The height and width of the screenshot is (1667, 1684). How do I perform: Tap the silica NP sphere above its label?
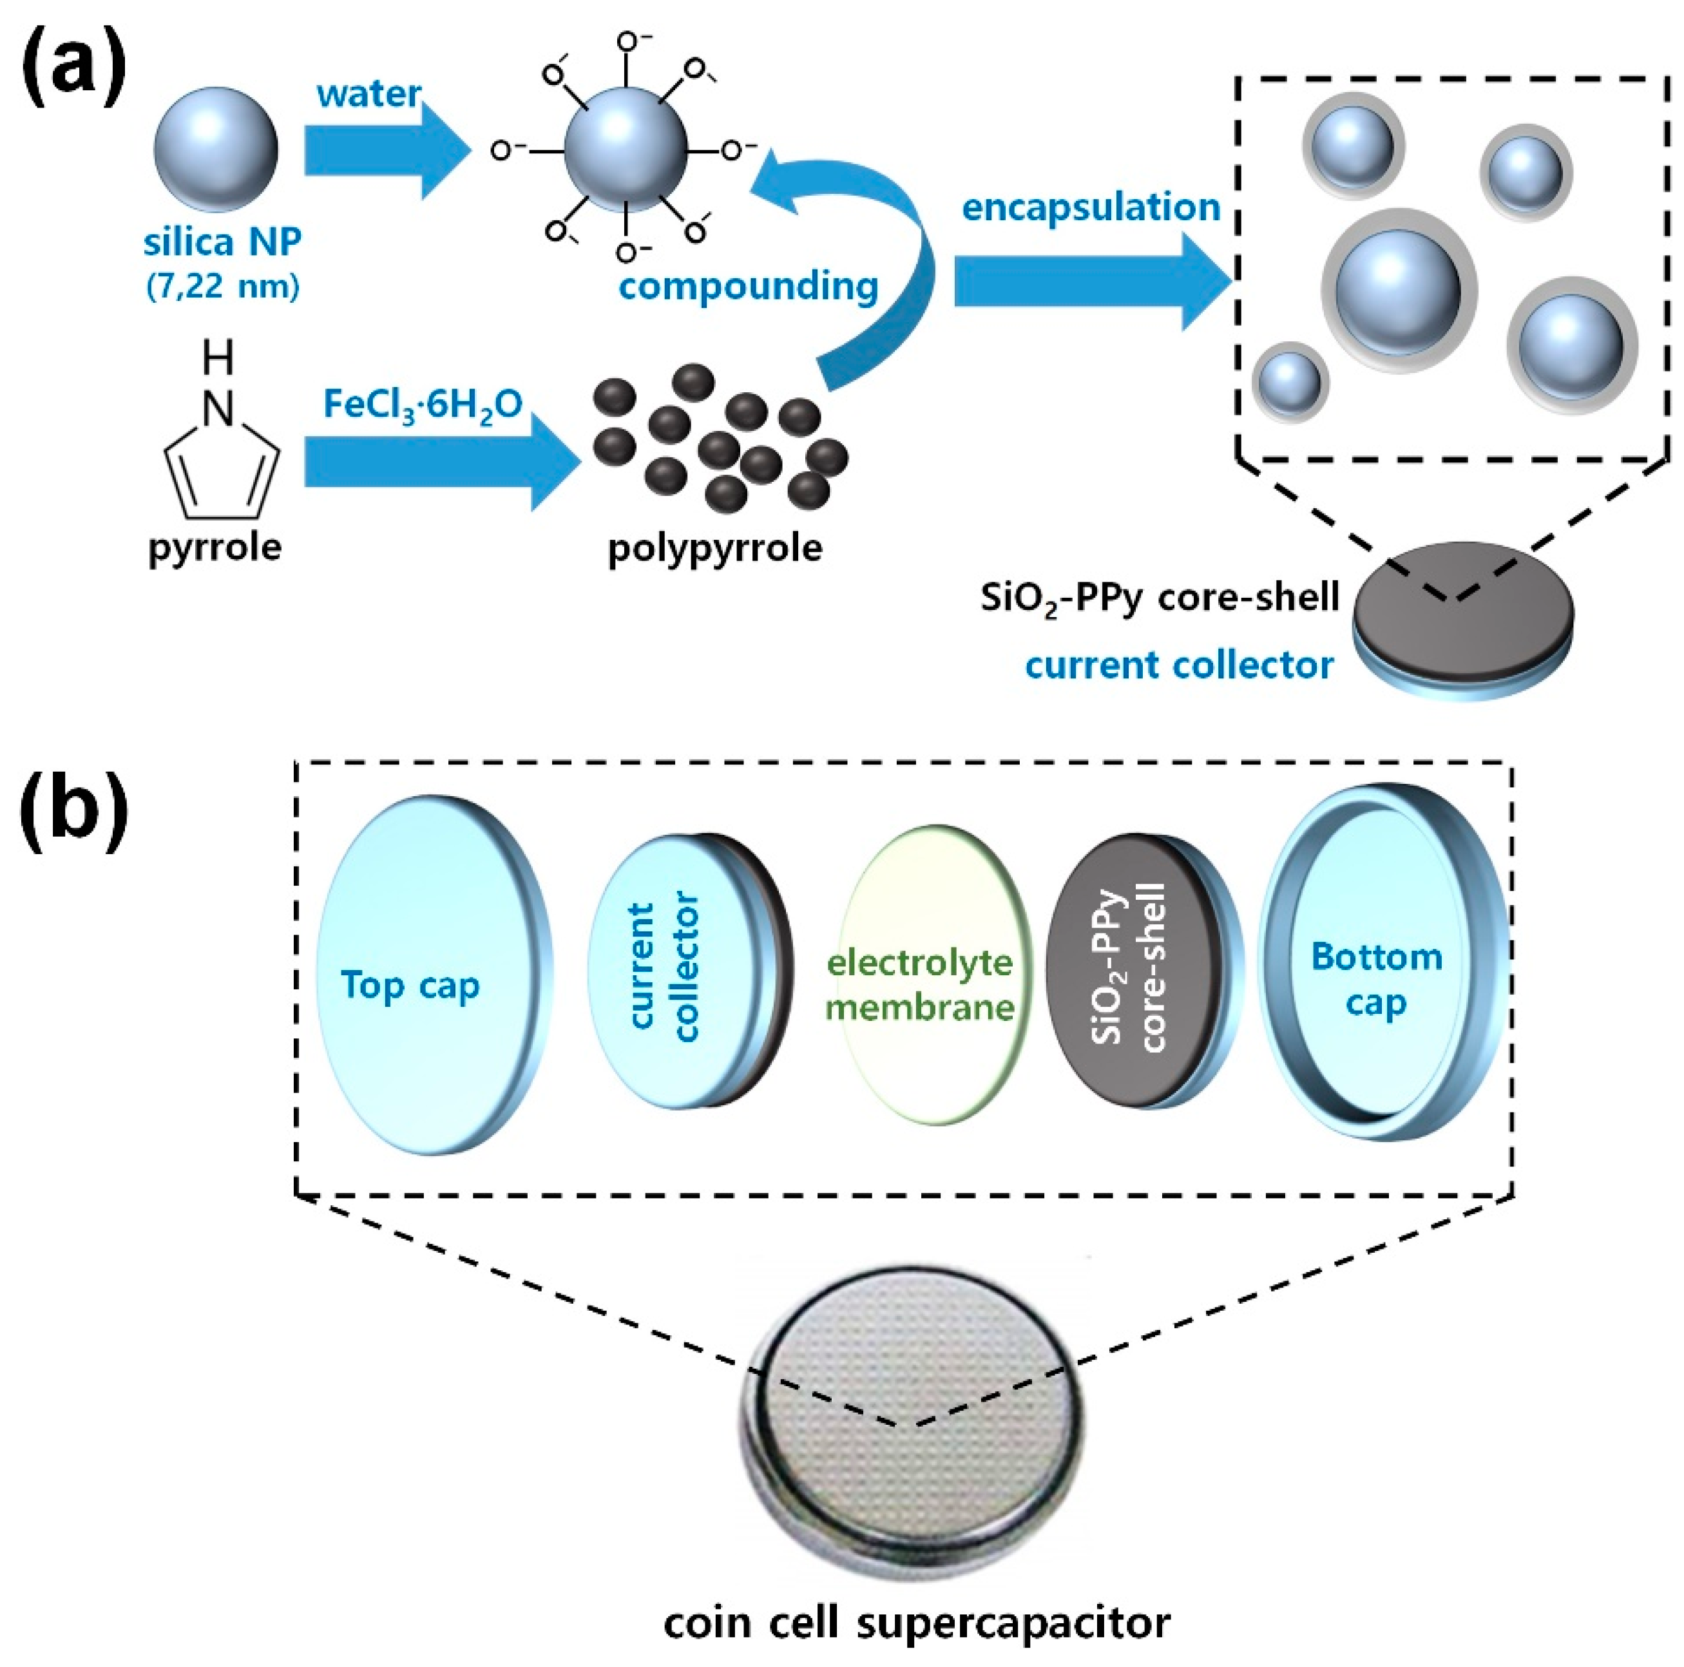pos(216,150)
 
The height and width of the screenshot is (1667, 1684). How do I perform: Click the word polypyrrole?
pos(714,548)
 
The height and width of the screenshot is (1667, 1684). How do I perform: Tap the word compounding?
pos(748,286)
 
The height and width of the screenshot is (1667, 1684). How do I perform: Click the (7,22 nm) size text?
pos(223,286)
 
